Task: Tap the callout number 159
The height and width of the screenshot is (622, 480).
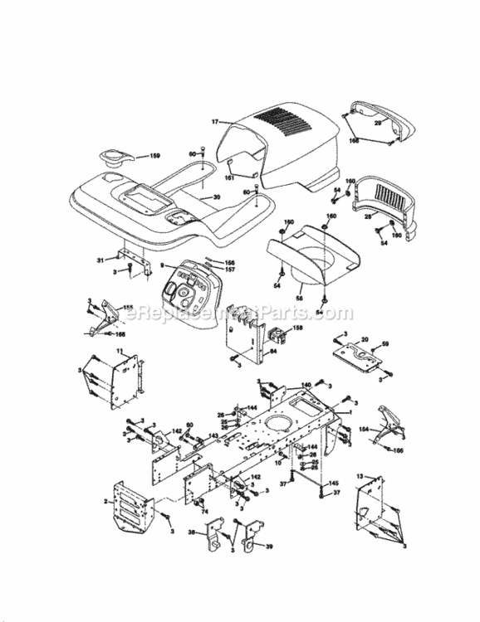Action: (154, 155)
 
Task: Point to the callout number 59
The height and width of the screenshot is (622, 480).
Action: (384, 344)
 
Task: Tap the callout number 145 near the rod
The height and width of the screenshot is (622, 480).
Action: (333, 484)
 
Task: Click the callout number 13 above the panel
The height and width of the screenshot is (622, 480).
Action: (360, 476)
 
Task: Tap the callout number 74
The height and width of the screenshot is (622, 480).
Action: (203, 512)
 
